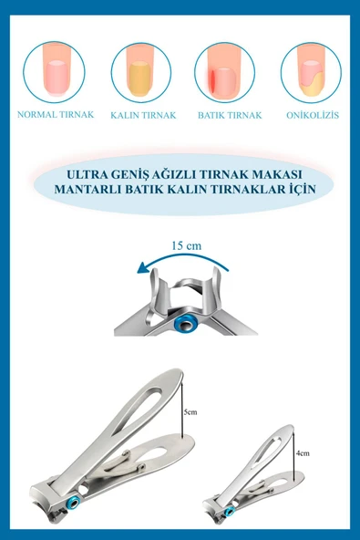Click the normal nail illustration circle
click(54, 72)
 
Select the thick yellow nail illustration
click(140, 72)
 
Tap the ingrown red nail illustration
click(224, 72)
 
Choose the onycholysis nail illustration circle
click(310, 72)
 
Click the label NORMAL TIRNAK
click(55, 115)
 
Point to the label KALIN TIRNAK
click(143, 116)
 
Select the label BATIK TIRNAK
click(230, 116)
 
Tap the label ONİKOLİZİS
click(314, 116)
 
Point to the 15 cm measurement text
click(186, 245)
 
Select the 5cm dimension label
click(191, 412)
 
